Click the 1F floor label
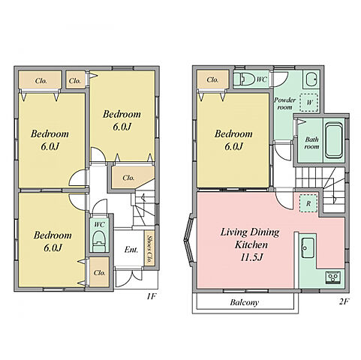point(151,296)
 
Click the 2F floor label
point(344,301)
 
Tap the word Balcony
point(244,302)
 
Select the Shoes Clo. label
point(149,249)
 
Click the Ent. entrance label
point(131,250)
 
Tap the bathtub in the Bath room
point(334,140)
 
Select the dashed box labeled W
point(309,103)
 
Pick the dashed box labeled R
point(308,203)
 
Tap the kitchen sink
point(308,247)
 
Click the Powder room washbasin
point(311,79)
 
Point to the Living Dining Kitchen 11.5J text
point(250,244)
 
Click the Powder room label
point(285,103)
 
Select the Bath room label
point(311,142)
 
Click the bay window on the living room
point(189,241)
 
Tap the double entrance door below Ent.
point(128,277)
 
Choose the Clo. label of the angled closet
point(128,178)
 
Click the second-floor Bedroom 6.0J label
point(233,140)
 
